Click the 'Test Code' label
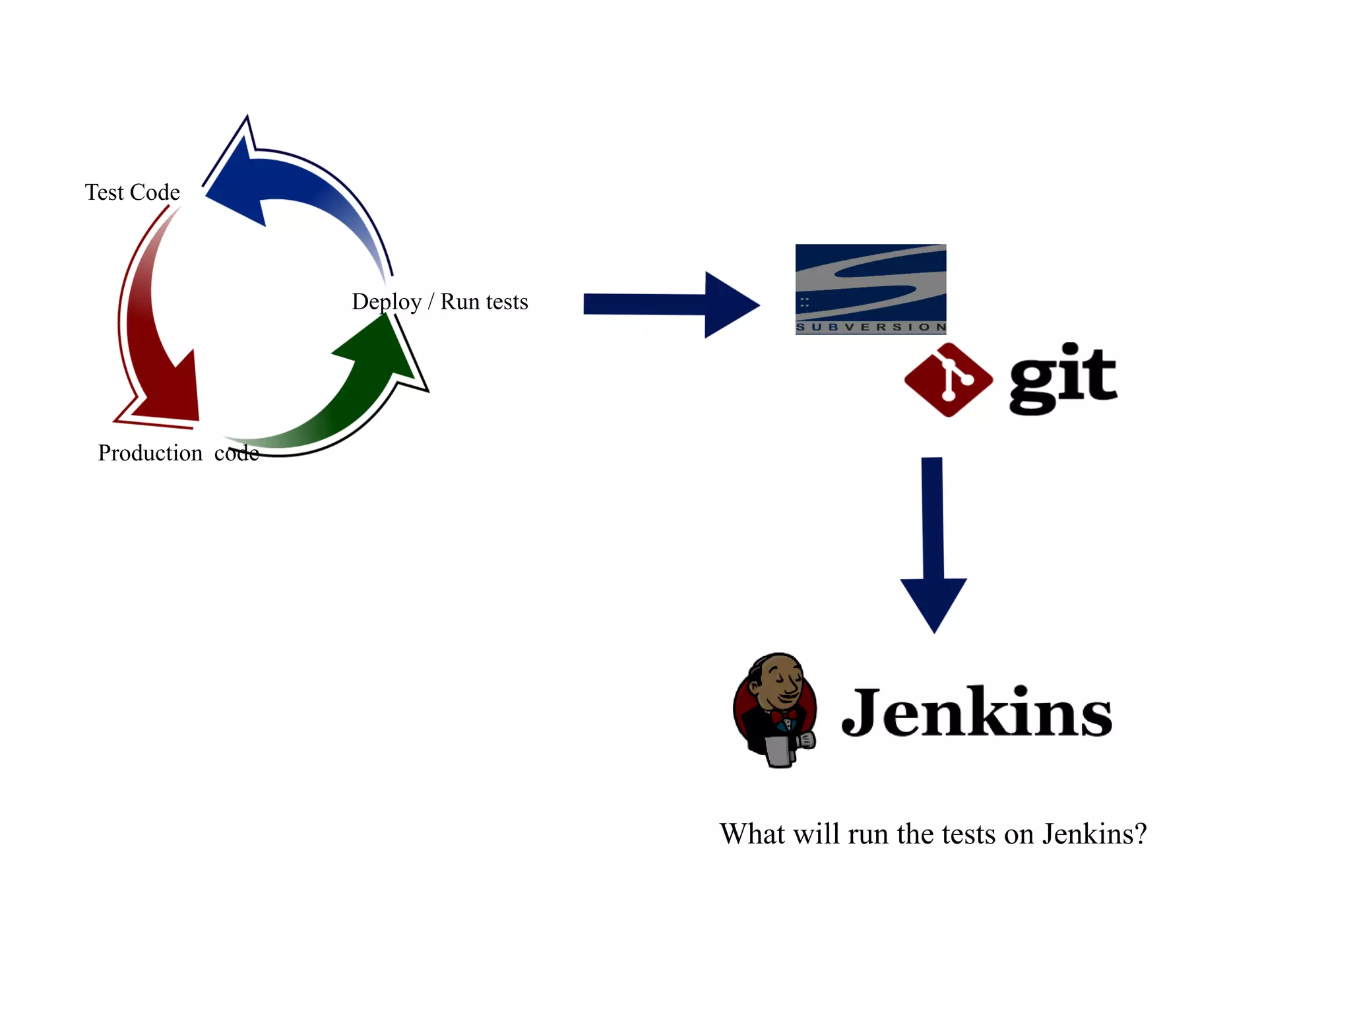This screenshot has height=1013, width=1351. point(132,192)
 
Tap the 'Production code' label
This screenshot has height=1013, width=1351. point(178,453)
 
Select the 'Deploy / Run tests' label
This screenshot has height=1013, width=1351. point(440,301)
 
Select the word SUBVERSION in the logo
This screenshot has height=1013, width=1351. point(871,327)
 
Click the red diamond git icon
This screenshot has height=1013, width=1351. point(949,380)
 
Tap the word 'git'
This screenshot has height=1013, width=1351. point(1063,379)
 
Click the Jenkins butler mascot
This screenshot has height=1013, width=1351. point(776,710)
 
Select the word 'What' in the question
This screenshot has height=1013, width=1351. point(752,834)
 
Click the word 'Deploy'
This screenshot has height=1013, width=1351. point(387,302)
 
